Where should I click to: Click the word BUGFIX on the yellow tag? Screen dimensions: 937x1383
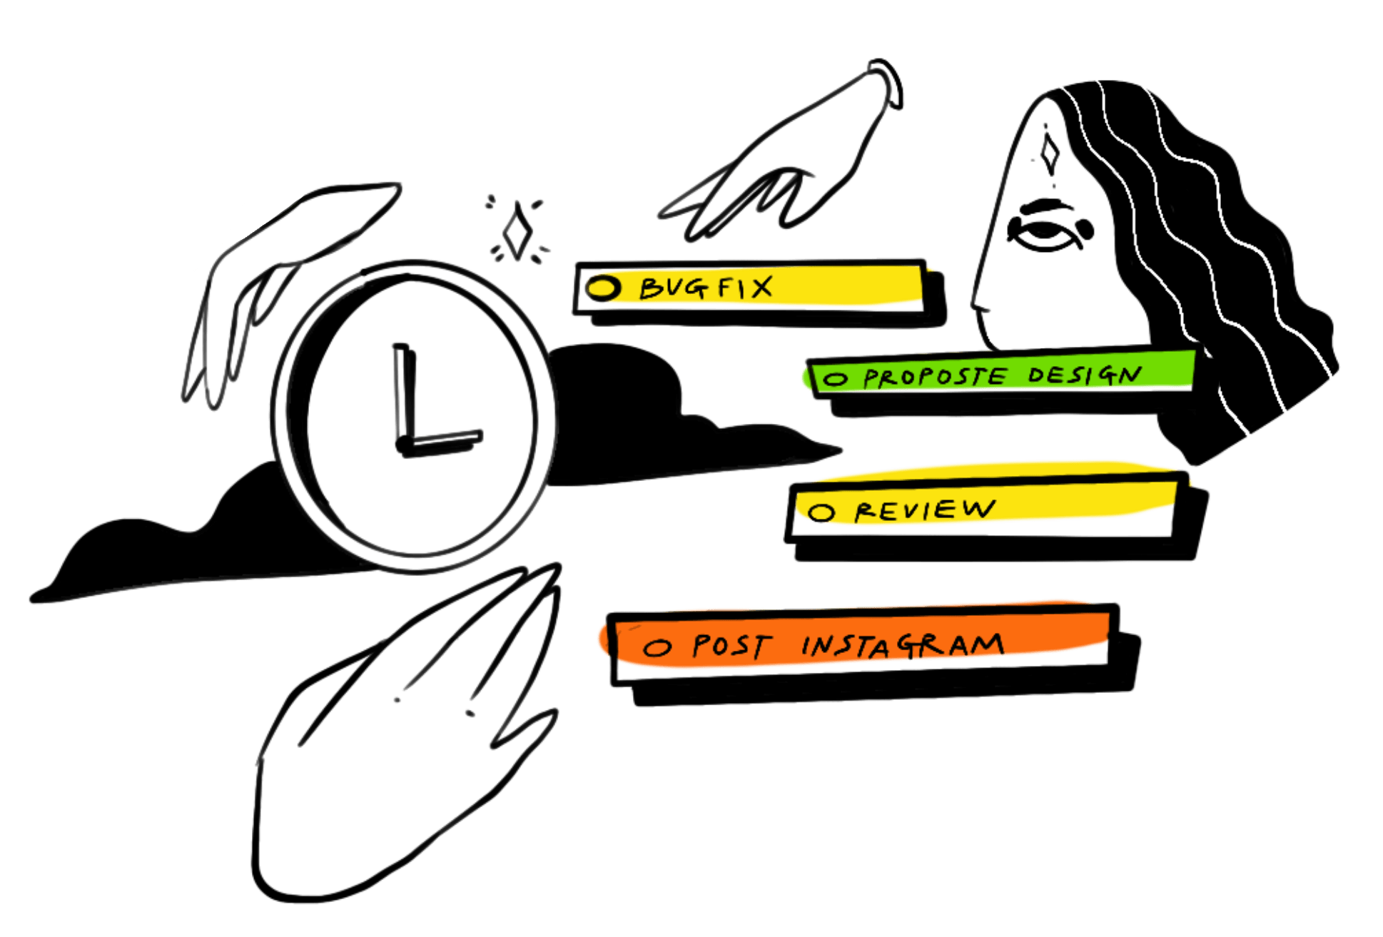705,288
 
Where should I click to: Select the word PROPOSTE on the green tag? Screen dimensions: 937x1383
936,377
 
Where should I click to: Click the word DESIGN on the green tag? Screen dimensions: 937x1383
1084,374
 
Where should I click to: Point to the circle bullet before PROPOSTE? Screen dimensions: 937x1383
835,379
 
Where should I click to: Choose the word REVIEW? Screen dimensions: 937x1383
925,510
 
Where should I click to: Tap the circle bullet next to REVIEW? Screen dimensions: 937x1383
821,512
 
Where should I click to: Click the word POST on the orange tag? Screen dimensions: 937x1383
732,646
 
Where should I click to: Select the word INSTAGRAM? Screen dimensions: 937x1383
903,645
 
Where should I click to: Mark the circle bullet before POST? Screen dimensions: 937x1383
657,647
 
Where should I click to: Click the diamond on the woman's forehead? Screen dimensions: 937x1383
1048,153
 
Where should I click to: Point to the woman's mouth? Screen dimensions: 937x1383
985,309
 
